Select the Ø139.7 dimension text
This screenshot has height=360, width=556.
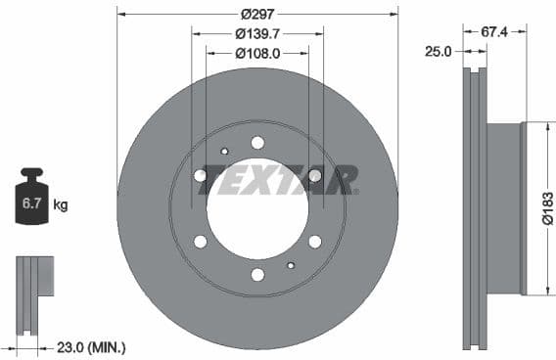[x=257, y=32]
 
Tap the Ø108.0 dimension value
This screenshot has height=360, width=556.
[x=257, y=53]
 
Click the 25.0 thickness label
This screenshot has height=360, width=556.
[x=438, y=53]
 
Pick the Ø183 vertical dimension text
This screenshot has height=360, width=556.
[x=547, y=207]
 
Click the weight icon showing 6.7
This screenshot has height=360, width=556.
[x=32, y=202]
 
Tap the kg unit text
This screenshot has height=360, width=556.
[x=61, y=205]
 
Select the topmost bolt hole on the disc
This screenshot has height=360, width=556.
[x=257, y=143]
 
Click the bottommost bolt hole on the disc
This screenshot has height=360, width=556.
[x=257, y=275]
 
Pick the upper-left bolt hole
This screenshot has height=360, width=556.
[x=201, y=175]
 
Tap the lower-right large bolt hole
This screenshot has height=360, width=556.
[x=314, y=242]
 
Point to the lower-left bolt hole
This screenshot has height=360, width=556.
[x=201, y=242]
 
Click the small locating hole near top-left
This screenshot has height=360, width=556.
[x=224, y=152]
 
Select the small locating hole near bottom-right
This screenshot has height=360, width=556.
[x=291, y=265]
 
